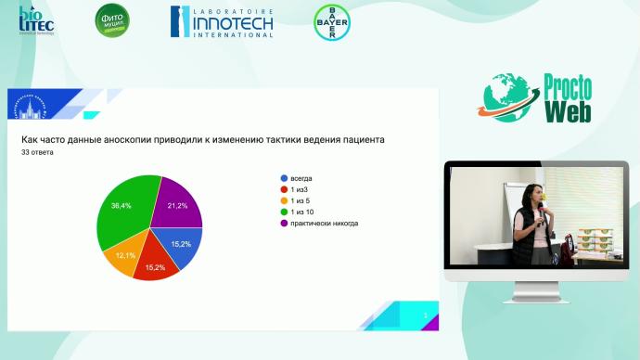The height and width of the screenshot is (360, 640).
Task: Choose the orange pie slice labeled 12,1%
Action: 123,253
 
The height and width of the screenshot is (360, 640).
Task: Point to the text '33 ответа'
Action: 37,153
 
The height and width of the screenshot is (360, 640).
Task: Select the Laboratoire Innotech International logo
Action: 221,22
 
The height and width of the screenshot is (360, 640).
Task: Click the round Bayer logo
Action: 331,22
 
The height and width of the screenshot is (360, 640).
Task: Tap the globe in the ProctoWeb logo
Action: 509,96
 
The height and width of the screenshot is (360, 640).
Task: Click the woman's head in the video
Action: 536,195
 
